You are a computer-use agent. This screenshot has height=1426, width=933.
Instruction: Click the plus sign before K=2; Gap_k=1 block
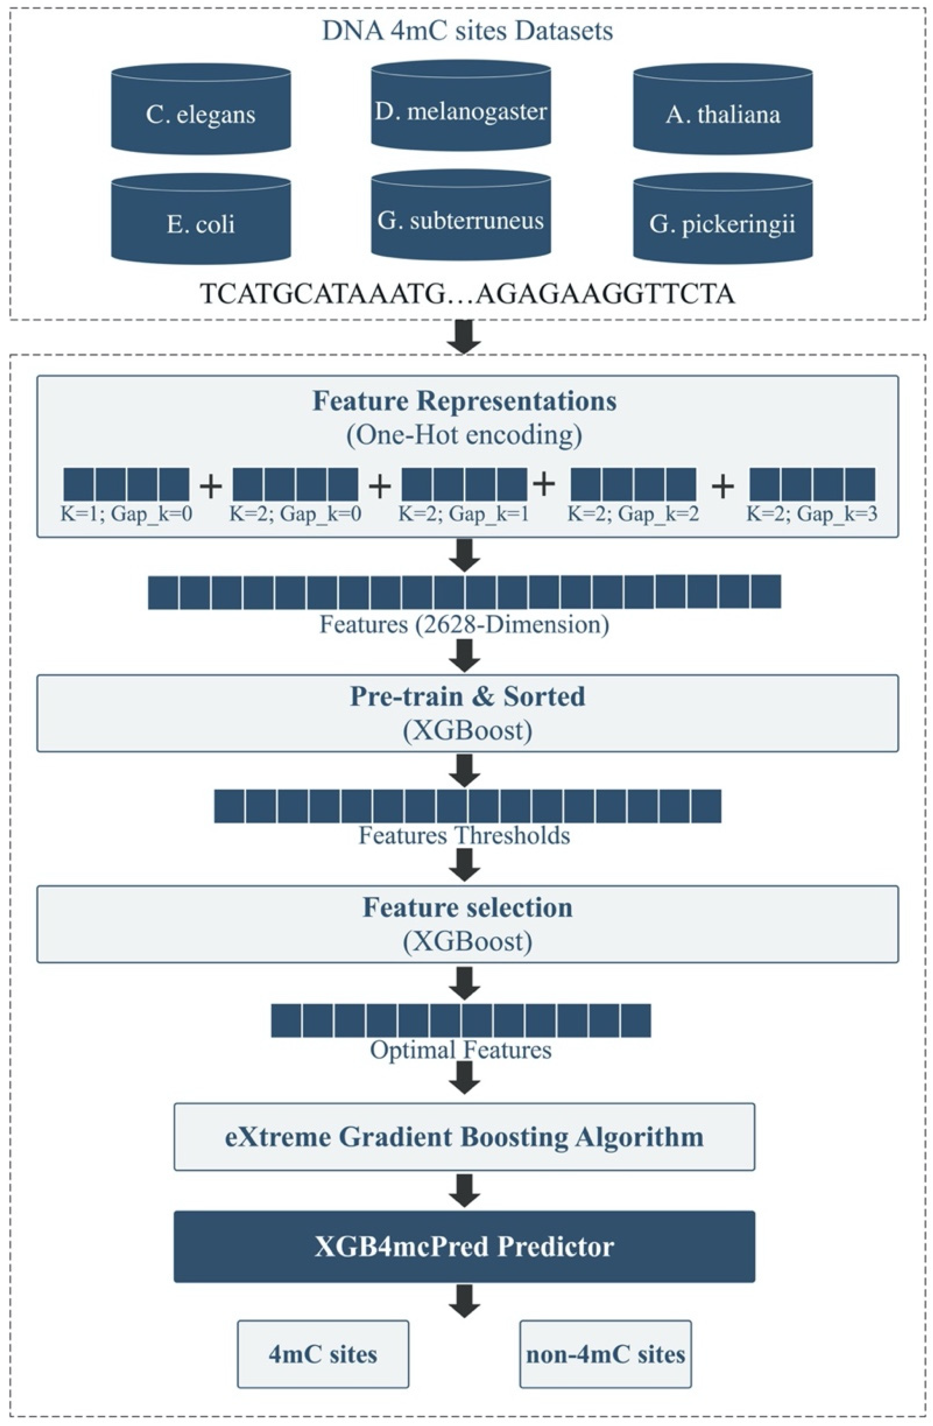tap(380, 485)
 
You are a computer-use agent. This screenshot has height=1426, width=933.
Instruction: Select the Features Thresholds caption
tap(464, 835)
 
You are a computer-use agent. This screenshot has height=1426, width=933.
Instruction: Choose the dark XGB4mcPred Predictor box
tap(464, 1246)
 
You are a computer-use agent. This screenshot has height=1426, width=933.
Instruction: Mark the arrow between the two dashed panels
tap(465, 337)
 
